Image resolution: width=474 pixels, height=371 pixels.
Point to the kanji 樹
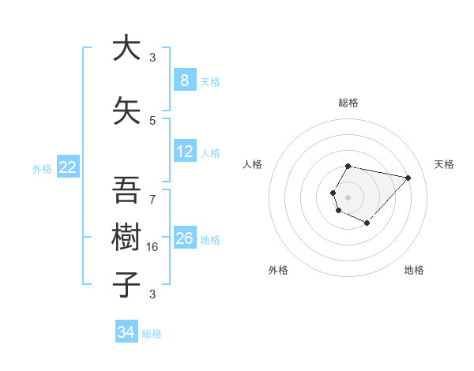(x=126, y=236)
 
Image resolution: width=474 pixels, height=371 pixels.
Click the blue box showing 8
(x=184, y=81)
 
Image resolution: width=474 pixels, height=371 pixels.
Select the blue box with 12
(x=185, y=152)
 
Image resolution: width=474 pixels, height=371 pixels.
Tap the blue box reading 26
(x=185, y=238)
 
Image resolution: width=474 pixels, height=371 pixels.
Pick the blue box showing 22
(x=68, y=167)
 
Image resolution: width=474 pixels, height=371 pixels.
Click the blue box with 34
(x=126, y=332)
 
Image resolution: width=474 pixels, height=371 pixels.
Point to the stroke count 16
(x=153, y=247)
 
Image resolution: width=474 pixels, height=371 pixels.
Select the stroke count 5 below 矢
(x=152, y=121)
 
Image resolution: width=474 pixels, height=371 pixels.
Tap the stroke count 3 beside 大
(x=152, y=58)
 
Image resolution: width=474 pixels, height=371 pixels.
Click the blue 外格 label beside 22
(x=42, y=168)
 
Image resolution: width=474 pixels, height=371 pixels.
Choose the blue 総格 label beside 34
(x=152, y=333)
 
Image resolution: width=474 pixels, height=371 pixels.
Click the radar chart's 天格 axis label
(x=444, y=164)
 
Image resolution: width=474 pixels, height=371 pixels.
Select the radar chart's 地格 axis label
(x=414, y=270)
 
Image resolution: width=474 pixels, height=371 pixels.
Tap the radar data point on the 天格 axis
(x=408, y=178)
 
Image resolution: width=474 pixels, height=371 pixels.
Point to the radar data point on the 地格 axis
(x=367, y=223)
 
